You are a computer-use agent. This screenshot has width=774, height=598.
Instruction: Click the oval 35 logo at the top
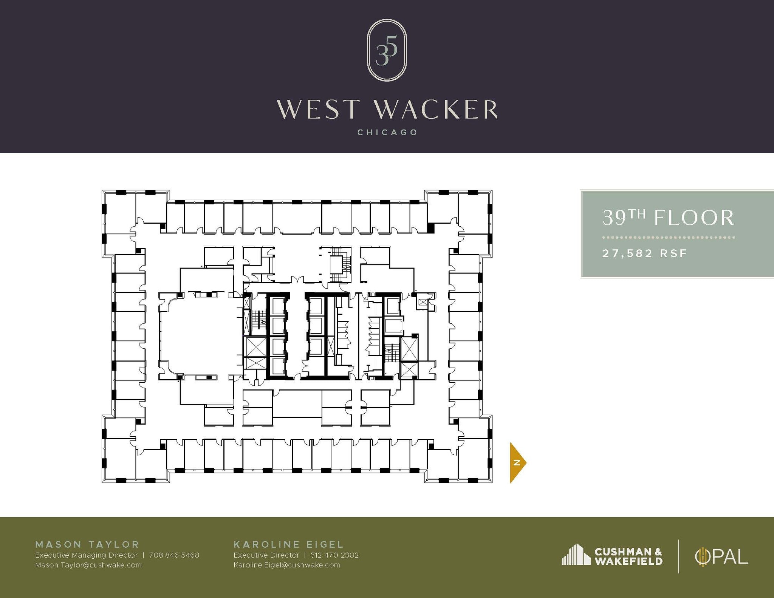point(387,50)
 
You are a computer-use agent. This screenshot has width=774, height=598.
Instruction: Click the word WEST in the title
point(317,110)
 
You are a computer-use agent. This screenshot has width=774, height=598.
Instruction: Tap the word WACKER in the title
point(436,110)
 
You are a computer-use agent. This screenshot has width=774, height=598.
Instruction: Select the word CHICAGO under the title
point(387,133)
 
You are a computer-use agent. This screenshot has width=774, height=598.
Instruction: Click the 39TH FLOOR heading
point(668,218)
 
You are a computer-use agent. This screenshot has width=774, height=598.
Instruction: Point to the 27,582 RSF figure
point(644,253)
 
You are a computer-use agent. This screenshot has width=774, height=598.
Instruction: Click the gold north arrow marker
point(517,462)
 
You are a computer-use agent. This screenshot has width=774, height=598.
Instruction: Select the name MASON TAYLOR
point(87,544)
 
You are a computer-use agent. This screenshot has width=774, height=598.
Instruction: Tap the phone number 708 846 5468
point(174,555)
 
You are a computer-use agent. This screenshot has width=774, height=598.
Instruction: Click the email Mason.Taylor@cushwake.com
point(88,565)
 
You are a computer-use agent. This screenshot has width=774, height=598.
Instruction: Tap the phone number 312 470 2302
point(334,555)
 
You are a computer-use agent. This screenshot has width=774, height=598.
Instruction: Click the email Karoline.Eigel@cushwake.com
point(287,565)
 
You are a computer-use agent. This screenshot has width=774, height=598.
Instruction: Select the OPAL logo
point(721,556)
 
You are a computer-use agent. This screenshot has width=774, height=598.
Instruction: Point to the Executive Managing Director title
point(86,555)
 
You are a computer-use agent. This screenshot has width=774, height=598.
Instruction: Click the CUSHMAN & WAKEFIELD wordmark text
point(628,556)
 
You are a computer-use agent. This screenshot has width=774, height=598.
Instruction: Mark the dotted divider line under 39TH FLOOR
point(668,238)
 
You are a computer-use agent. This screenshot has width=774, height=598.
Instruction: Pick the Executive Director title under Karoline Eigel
point(266,555)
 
